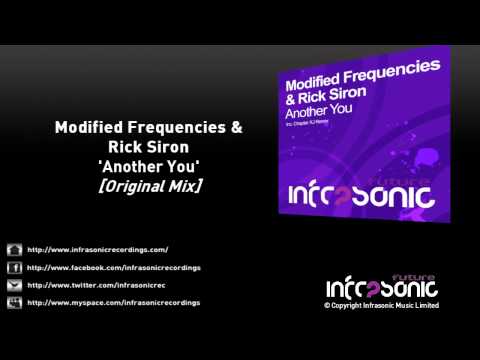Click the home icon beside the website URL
(14, 249)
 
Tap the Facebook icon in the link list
(14, 267)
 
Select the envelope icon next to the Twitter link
(14, 284)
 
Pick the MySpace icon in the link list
(14, 301)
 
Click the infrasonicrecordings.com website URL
(98, 249)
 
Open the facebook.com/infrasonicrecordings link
(114, 267)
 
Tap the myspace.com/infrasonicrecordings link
(114, 301)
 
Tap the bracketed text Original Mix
(148, 183)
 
